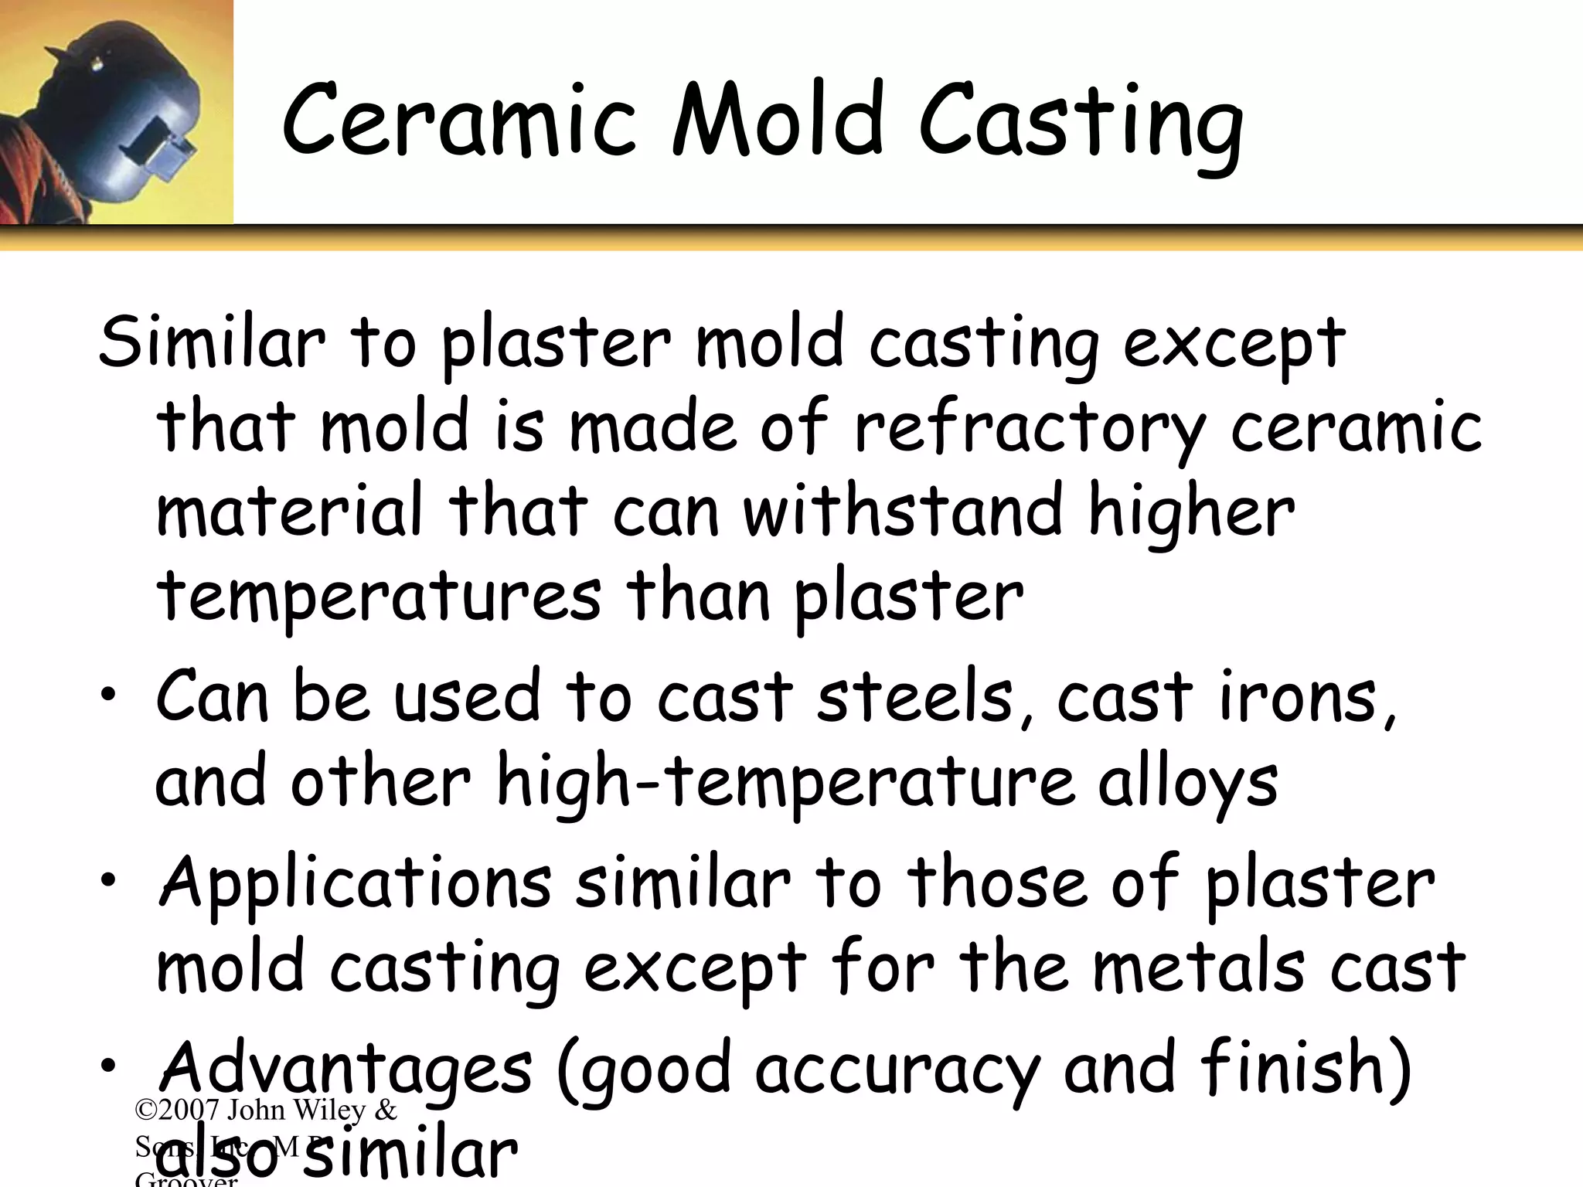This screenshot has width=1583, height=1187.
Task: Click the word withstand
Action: [904, 512]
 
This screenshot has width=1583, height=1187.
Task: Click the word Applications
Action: [355, 885]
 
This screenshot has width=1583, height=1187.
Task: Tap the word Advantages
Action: [345, 1070]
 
